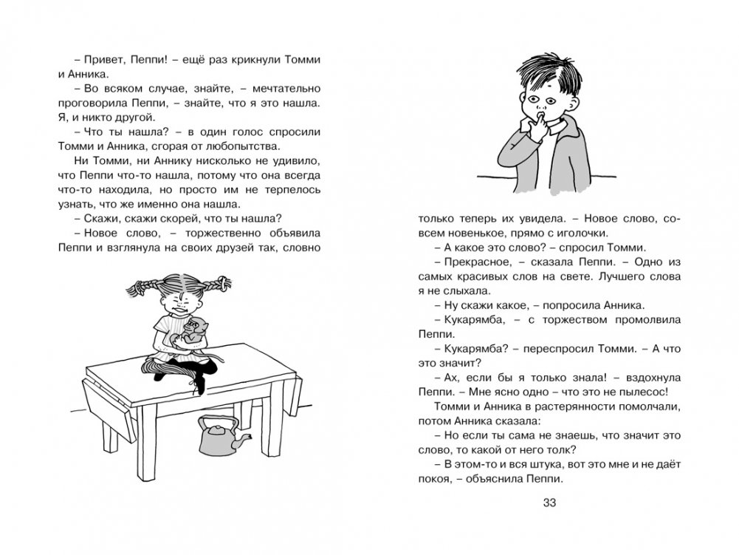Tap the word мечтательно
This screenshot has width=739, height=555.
pyautogui.click(x=283, y=87)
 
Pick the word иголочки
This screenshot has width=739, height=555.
pyautogui.click(x=575, y=234)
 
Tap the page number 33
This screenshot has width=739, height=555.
pyautogui.click(x=549, y=504)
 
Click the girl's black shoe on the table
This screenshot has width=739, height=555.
pyautogui.click(x=199, y=382)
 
